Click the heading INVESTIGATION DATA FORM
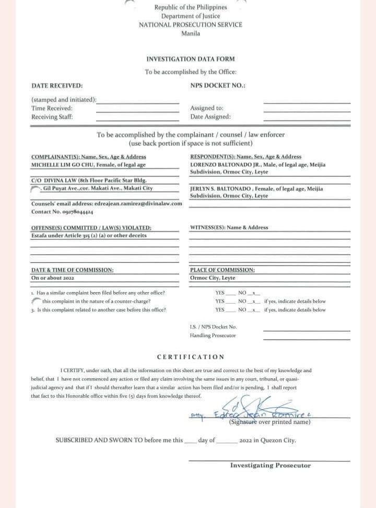[190, 59]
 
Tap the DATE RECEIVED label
[57, 86]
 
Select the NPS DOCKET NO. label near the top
[218, 86]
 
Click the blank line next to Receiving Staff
[137, 118]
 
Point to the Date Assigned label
[210, 117]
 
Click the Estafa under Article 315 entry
[89, 235]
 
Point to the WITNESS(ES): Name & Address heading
[229, 227]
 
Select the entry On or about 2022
[53, 278]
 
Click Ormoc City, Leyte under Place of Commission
[213, 278]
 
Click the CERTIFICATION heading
[191, 357]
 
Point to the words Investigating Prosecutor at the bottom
[270, 465]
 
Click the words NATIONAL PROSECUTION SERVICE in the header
[190, 25]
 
